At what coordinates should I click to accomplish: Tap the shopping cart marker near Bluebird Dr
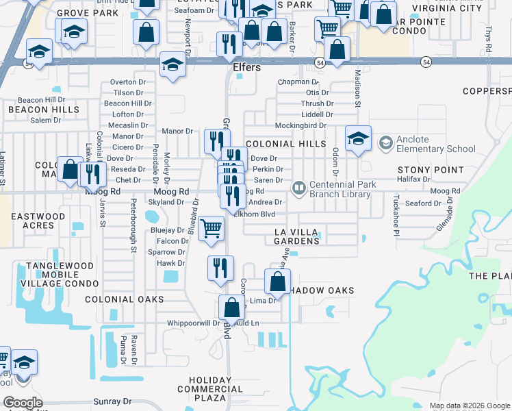click(x=212, y=228)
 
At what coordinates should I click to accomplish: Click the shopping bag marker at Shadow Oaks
click(x=277, y=282)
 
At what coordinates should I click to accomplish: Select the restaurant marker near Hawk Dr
click(x=220, y=268)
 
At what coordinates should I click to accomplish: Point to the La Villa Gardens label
click(x=298, y=236)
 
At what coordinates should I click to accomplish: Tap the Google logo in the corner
click(x=23, y=403)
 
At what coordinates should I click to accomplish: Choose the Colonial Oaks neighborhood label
click(x=125, y=299)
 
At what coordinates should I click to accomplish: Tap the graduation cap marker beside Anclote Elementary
click(x=358, y=138)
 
